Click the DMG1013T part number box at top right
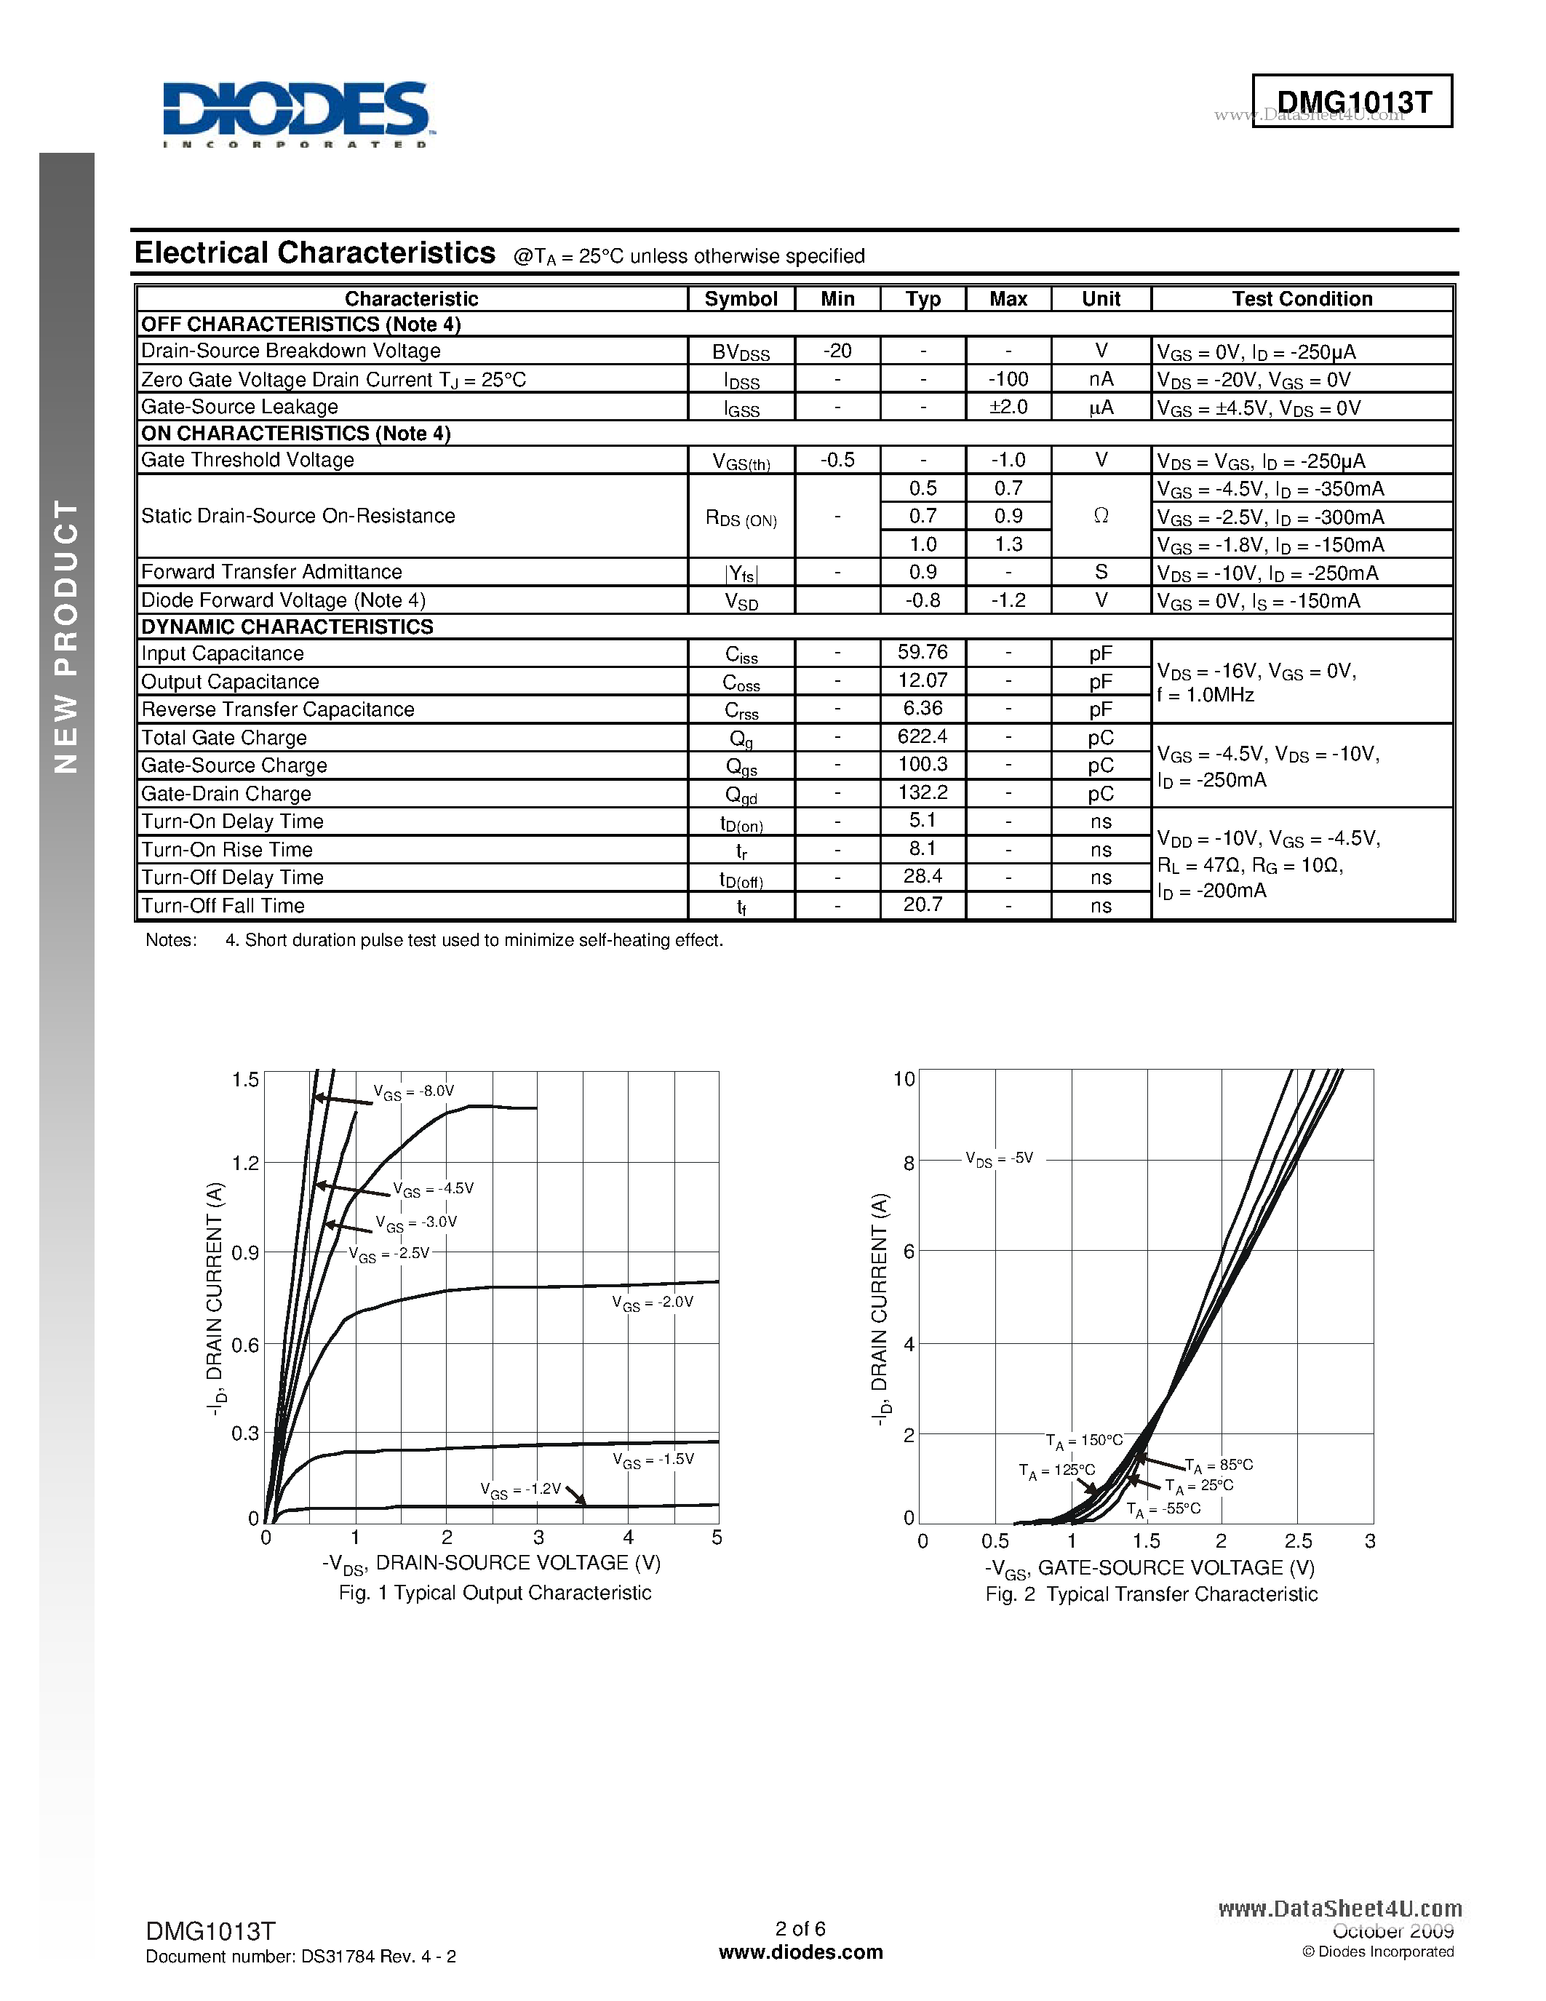[1352, 101]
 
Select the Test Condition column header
[1302, 298]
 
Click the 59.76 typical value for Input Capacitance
[923, 653]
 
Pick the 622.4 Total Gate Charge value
[923, 736]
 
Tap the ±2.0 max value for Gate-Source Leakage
[1008, 407]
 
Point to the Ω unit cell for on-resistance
[1101, 516]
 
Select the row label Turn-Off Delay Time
[233, 878]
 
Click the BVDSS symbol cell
[741, 352]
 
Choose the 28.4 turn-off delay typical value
[923, 877]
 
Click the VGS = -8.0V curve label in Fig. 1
[413, 1091]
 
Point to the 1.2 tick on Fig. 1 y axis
[245, 1163]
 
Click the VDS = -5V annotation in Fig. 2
[999, 1159]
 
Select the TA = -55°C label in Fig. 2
[1163, 1509]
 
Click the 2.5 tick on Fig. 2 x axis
[1298, 1541]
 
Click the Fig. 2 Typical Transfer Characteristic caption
[1151, 1594]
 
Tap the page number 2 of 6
[800, 1929]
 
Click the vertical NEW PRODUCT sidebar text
[66, 637]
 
